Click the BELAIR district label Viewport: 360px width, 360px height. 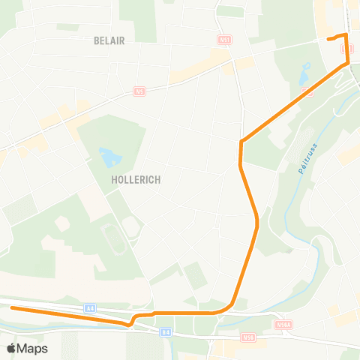(x=109, y=40)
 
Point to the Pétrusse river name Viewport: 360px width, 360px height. (x=307, y=159)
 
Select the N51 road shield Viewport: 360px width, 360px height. (x=224, y=38)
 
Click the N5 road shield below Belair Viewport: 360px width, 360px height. (x=139, y=91)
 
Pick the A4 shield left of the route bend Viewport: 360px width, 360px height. (x=90, y=307)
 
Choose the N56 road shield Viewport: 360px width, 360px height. (x=250, y=339)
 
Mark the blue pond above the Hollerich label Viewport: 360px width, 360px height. (x=109, y=157)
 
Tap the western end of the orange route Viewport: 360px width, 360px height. (x=12, y=308)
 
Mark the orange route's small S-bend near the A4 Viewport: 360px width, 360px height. (x=133, y=319)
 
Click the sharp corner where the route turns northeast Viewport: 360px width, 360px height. (x=241, y=142)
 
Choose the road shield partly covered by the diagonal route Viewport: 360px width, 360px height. (x=307, y=91)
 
